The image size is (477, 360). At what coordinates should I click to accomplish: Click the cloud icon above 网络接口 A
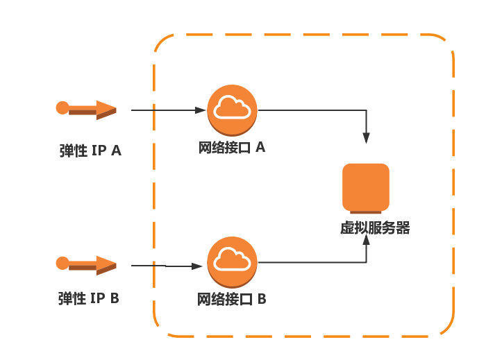click(x=232, y=109)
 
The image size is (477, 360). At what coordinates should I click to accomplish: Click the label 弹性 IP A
click(x=90, y=151)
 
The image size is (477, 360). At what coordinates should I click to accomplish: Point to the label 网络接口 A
click(x=232, y=148)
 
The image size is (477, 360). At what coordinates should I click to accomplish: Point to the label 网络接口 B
click(x=232, y=300)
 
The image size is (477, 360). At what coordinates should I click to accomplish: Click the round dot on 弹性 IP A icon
click(x=62, y=108)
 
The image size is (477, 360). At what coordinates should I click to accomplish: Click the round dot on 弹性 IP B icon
click(x=62, y=262)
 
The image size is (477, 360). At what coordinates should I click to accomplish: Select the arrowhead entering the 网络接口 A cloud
click(x=201, y=110)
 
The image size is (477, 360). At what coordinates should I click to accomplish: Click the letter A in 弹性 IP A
click(x=115, y=151)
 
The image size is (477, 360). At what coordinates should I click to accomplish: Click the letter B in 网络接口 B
click(x=262, y=300)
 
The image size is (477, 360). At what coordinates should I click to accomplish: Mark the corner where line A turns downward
click(x=366, y=110)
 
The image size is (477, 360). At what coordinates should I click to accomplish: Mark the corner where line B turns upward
click(x=366, y=262)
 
